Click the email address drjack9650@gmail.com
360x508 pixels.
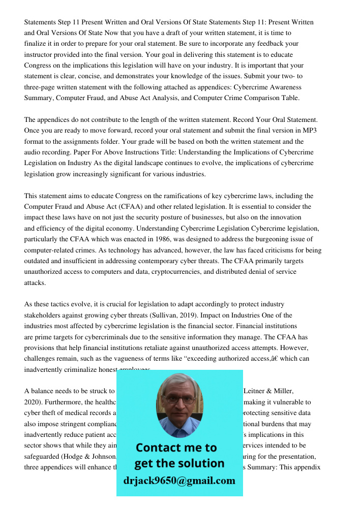coord(179,481)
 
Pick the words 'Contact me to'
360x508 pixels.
coord(176,448)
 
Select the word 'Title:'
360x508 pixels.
coord(148,152)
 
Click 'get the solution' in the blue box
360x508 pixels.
coord(179,463)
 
